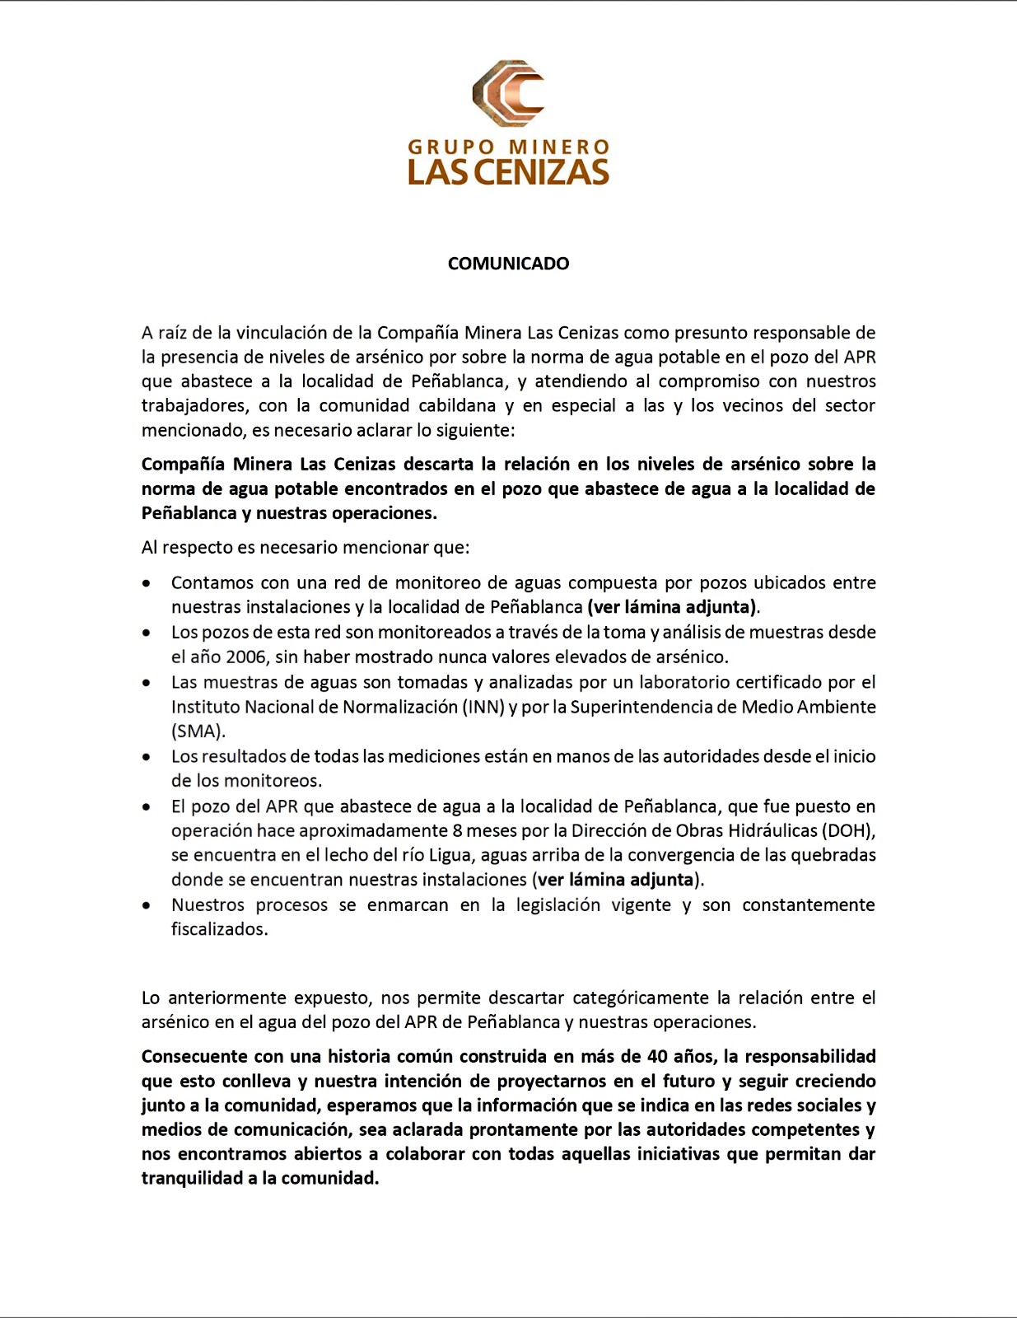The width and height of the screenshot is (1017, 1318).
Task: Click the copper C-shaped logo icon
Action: pyautogui.click(x=508, y=93)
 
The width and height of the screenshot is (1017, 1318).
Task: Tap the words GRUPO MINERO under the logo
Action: pyautogui.click(x=508, y=147)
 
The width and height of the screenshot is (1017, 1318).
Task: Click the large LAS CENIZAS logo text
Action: pyautogui.click(x=508, y=172)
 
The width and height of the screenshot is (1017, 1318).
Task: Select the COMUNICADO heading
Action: pyautogui.click(x=508, y=264)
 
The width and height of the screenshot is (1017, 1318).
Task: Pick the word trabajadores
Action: pyautogui.click(x=194, y=405)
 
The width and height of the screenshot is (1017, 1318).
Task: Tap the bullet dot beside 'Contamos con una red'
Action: pyautogui.click(x=147, y=583)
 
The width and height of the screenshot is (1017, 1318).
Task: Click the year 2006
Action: pyautogui.click(x=245, y=657)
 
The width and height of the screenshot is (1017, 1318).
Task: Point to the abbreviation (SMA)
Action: pyautogui.click(x=198, y=731)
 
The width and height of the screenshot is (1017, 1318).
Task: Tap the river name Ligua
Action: pyautogui.click(x=450, y=855)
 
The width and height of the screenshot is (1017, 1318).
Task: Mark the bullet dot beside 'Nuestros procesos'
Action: pyautogui.click(x=147, y=905)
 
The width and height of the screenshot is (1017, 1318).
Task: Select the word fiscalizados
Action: pyautogui.click(x=219, y=929)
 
